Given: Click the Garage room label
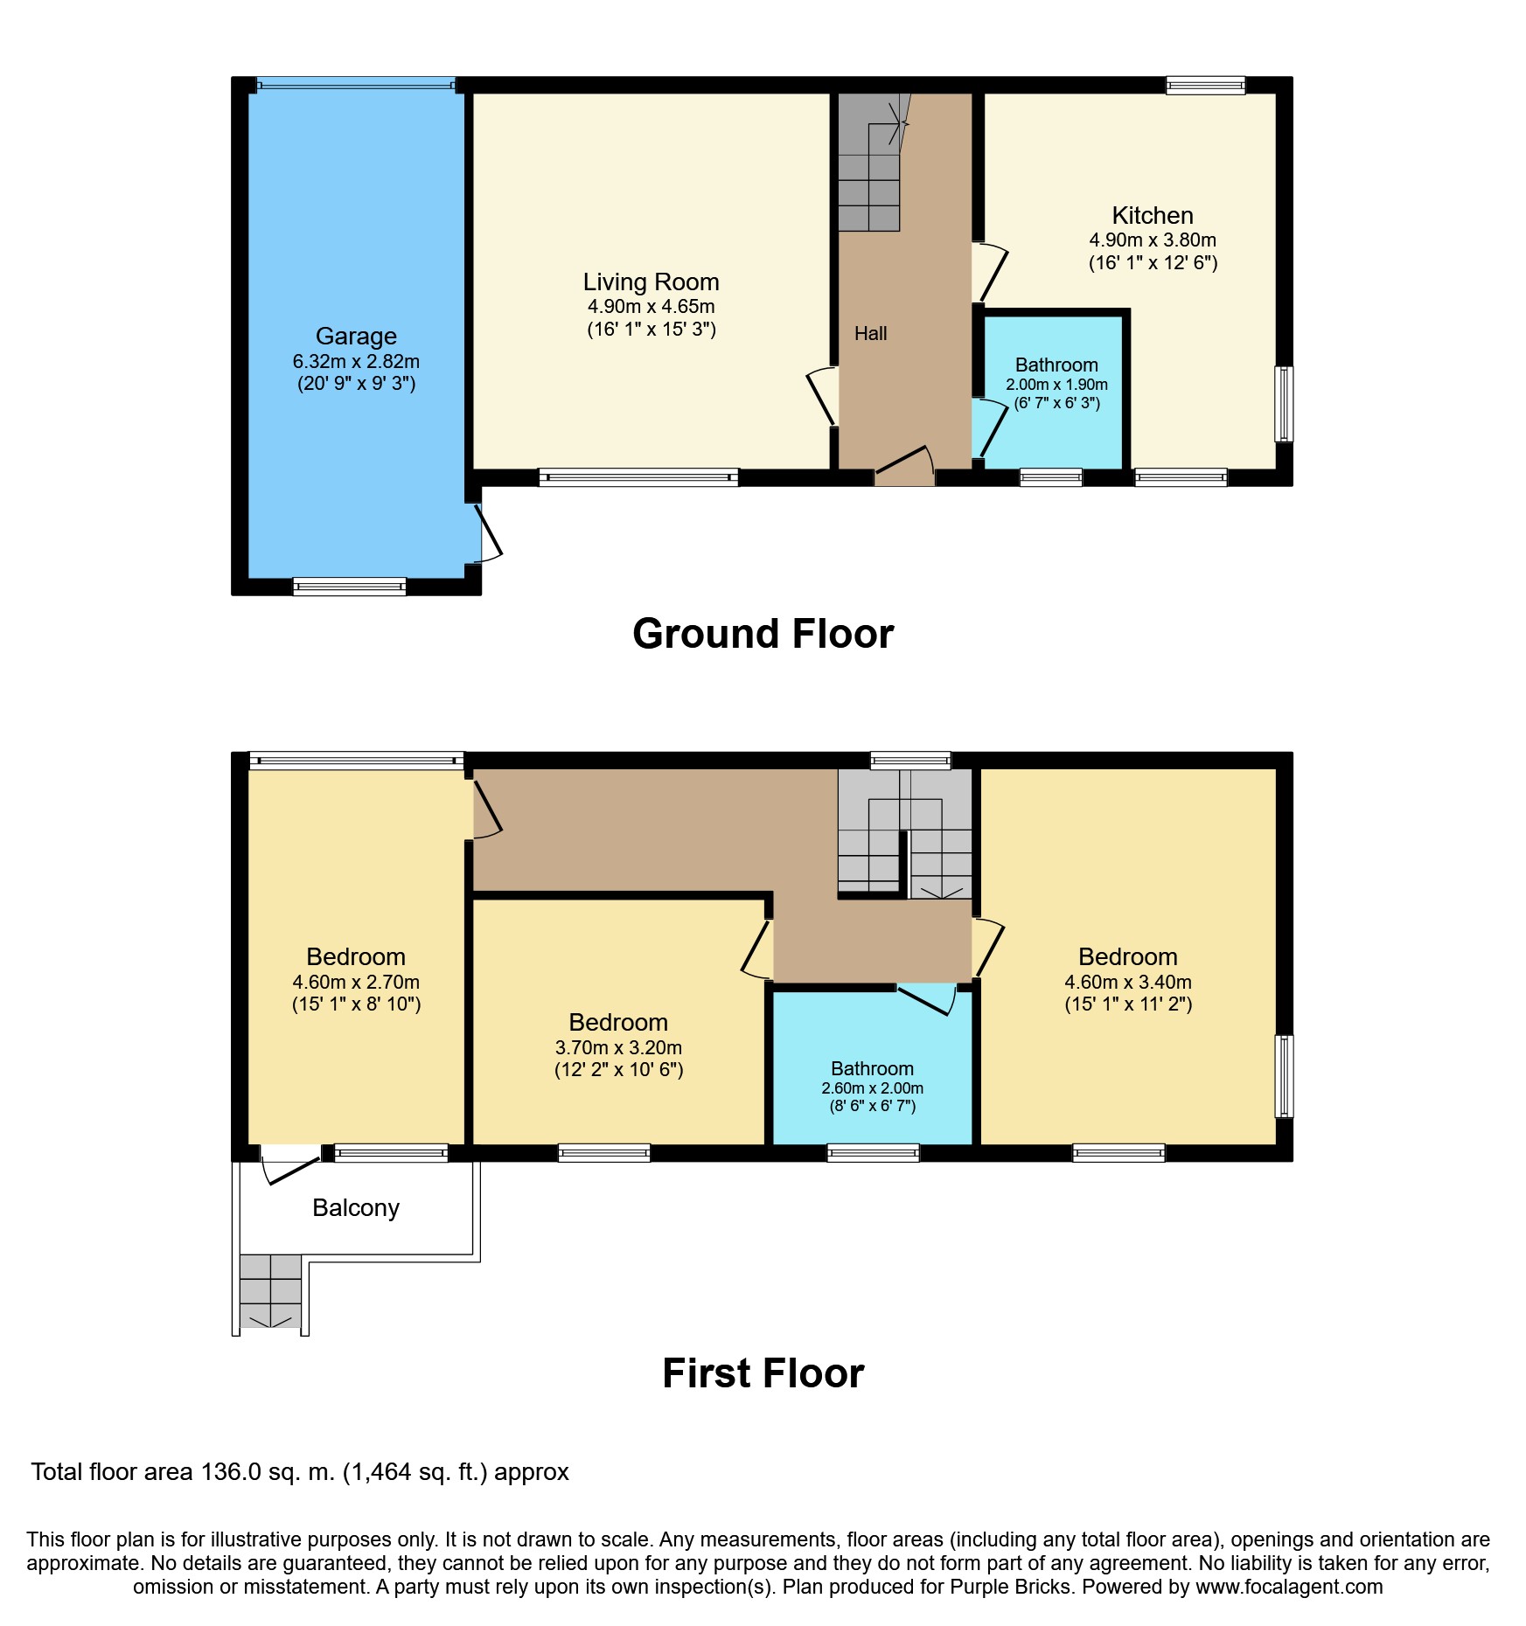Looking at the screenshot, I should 356,337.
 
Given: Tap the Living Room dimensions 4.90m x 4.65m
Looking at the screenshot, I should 651,307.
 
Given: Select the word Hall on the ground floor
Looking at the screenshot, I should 870,333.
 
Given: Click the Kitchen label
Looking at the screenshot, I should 1152,216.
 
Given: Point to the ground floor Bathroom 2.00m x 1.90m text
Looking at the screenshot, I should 1056,385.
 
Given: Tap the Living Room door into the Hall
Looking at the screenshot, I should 822,397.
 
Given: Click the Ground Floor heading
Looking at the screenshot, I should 763,634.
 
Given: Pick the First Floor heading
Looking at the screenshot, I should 763,1373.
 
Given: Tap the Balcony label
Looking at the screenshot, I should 356,1208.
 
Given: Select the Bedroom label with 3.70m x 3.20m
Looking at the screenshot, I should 618,1023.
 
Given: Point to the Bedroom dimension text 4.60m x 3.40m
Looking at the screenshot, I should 1127,982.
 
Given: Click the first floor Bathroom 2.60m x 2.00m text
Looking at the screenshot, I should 872,1088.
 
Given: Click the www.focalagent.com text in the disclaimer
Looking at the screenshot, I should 1289,1587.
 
